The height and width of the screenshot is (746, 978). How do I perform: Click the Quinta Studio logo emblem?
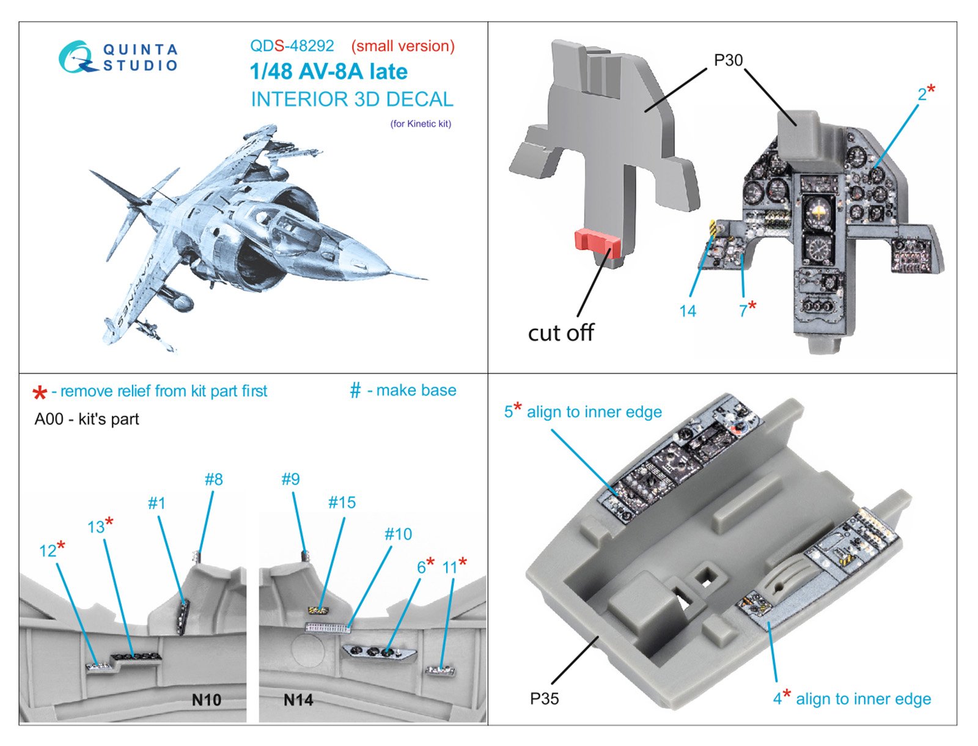pos(76,57)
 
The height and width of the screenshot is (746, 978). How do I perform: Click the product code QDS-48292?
pos(292,46)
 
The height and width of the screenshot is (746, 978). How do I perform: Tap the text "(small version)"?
pos(403,46)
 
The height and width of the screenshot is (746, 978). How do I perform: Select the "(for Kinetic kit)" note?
pos(421,124)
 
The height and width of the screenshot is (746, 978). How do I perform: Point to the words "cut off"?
pos(561,333)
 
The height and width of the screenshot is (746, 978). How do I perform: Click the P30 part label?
pos(728,60)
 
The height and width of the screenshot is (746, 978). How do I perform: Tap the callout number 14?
pos(687,311)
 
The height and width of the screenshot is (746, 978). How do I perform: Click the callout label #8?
pos(213,479)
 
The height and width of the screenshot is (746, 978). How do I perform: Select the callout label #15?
pos(342,503)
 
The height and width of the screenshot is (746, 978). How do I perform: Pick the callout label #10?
pos(398,534)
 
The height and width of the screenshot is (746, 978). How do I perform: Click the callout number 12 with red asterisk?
pos(51,550)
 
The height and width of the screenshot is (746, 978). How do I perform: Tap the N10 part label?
pos(206,700)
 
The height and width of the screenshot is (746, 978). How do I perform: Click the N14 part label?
pos(298,700)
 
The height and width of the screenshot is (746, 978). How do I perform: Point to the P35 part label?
pos(544,698)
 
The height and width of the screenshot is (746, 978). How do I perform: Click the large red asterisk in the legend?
pos(40,393)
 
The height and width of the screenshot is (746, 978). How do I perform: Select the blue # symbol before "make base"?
pos(355,390)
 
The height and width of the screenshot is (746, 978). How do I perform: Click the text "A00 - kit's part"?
pos(87,419)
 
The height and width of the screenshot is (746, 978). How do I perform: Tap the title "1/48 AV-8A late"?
pos(328,72)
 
